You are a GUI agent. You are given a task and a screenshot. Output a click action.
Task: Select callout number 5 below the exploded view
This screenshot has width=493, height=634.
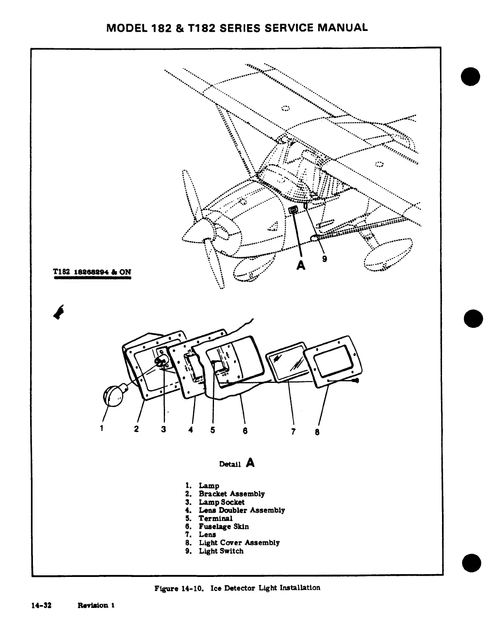tap(212, 430)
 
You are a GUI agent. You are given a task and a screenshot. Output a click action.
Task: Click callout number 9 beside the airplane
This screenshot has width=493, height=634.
tap(324, 259)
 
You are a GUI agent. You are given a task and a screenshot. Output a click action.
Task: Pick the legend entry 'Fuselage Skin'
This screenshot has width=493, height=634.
tap(224, 526)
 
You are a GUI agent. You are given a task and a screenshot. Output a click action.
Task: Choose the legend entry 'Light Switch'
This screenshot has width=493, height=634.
tap(221, 551)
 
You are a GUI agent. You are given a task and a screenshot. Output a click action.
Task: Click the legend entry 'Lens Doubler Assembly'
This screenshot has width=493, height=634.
tap(242, 510)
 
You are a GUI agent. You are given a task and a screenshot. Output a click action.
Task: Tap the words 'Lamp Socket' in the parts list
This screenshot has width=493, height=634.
tap(222, 502)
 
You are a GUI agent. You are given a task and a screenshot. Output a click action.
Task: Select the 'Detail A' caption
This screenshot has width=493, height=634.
tap(237, 464)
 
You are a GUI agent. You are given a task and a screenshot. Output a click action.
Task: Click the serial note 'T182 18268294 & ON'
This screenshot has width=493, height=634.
tap(92, 272)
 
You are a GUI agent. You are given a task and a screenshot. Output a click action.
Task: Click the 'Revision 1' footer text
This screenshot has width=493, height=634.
tap(96, 605)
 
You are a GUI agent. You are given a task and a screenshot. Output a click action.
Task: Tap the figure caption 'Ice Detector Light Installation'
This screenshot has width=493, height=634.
tap(265, 588)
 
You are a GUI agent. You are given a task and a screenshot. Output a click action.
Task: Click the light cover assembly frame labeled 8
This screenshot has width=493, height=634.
tap(333, 362)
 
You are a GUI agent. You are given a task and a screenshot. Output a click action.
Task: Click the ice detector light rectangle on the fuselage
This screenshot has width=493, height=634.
tap(293, 210)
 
